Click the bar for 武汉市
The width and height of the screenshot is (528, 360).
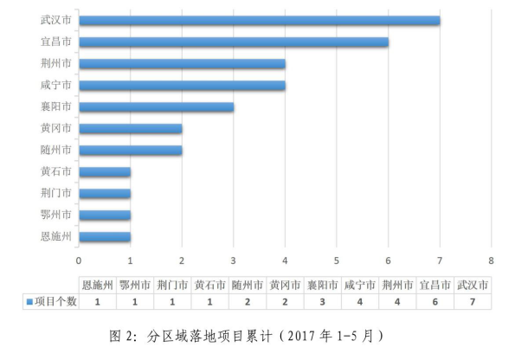pyautogui.click(x=259, y=21)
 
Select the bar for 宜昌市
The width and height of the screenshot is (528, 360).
pyautogui.click(x=234, y=42)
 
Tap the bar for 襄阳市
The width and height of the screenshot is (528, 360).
pyautogui.click(x=156, y=107)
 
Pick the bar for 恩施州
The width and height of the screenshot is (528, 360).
pyautogui.click(x=105, y=236)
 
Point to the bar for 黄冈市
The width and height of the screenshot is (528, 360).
pyautogui.click(x=130, y=129)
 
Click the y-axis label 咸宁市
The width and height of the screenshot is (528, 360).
pyautogui.click(x=55, y=86)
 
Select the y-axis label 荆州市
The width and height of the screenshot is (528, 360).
pyautogui.click(x=55, y=64)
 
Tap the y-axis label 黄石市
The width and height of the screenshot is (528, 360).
pyautogui.click(x=55, y=171)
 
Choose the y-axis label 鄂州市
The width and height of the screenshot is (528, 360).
pyautogui.click(x=55, y=215)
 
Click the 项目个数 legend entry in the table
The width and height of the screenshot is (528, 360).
pyautogui.click(x=52, y=301)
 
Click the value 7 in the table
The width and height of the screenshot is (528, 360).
pyautogui.click(x=473, y=301)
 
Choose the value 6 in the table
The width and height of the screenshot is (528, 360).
pyautogui.click(x=435, y=301)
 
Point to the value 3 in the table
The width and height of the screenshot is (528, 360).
pyautogui.click(x=322, y=301)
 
